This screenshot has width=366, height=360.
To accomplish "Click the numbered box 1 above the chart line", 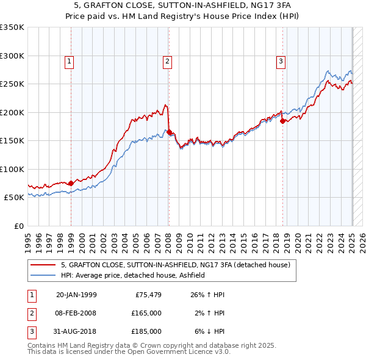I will (x=70, y=60).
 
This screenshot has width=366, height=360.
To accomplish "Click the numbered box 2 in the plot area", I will (x=167, y=60).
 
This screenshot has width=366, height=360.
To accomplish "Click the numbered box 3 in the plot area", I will (x=281, y=60).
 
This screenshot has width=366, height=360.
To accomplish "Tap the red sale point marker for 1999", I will (x=71, y=183).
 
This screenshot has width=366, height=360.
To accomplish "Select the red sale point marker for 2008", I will (x=169, y=132).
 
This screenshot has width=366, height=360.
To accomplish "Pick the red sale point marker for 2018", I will (x=282, y=121).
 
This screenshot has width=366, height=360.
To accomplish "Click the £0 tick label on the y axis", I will (x=19, y=226).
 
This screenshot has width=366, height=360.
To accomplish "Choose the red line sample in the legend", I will (x=43, y=265).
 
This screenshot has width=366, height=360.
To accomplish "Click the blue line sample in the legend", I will (x=43, y=275).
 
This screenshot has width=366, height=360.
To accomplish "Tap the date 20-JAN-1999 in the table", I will (x=76, y=295).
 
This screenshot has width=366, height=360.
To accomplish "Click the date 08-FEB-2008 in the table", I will (x=76, y=313).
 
